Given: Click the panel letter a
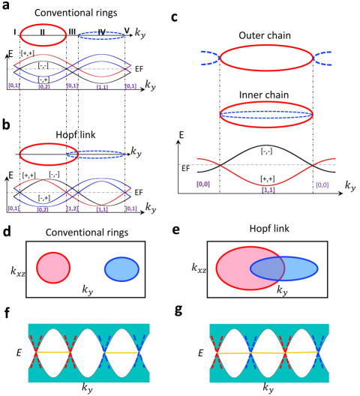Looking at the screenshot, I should coord(6,8).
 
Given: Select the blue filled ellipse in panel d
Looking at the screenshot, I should coord(121,269).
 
